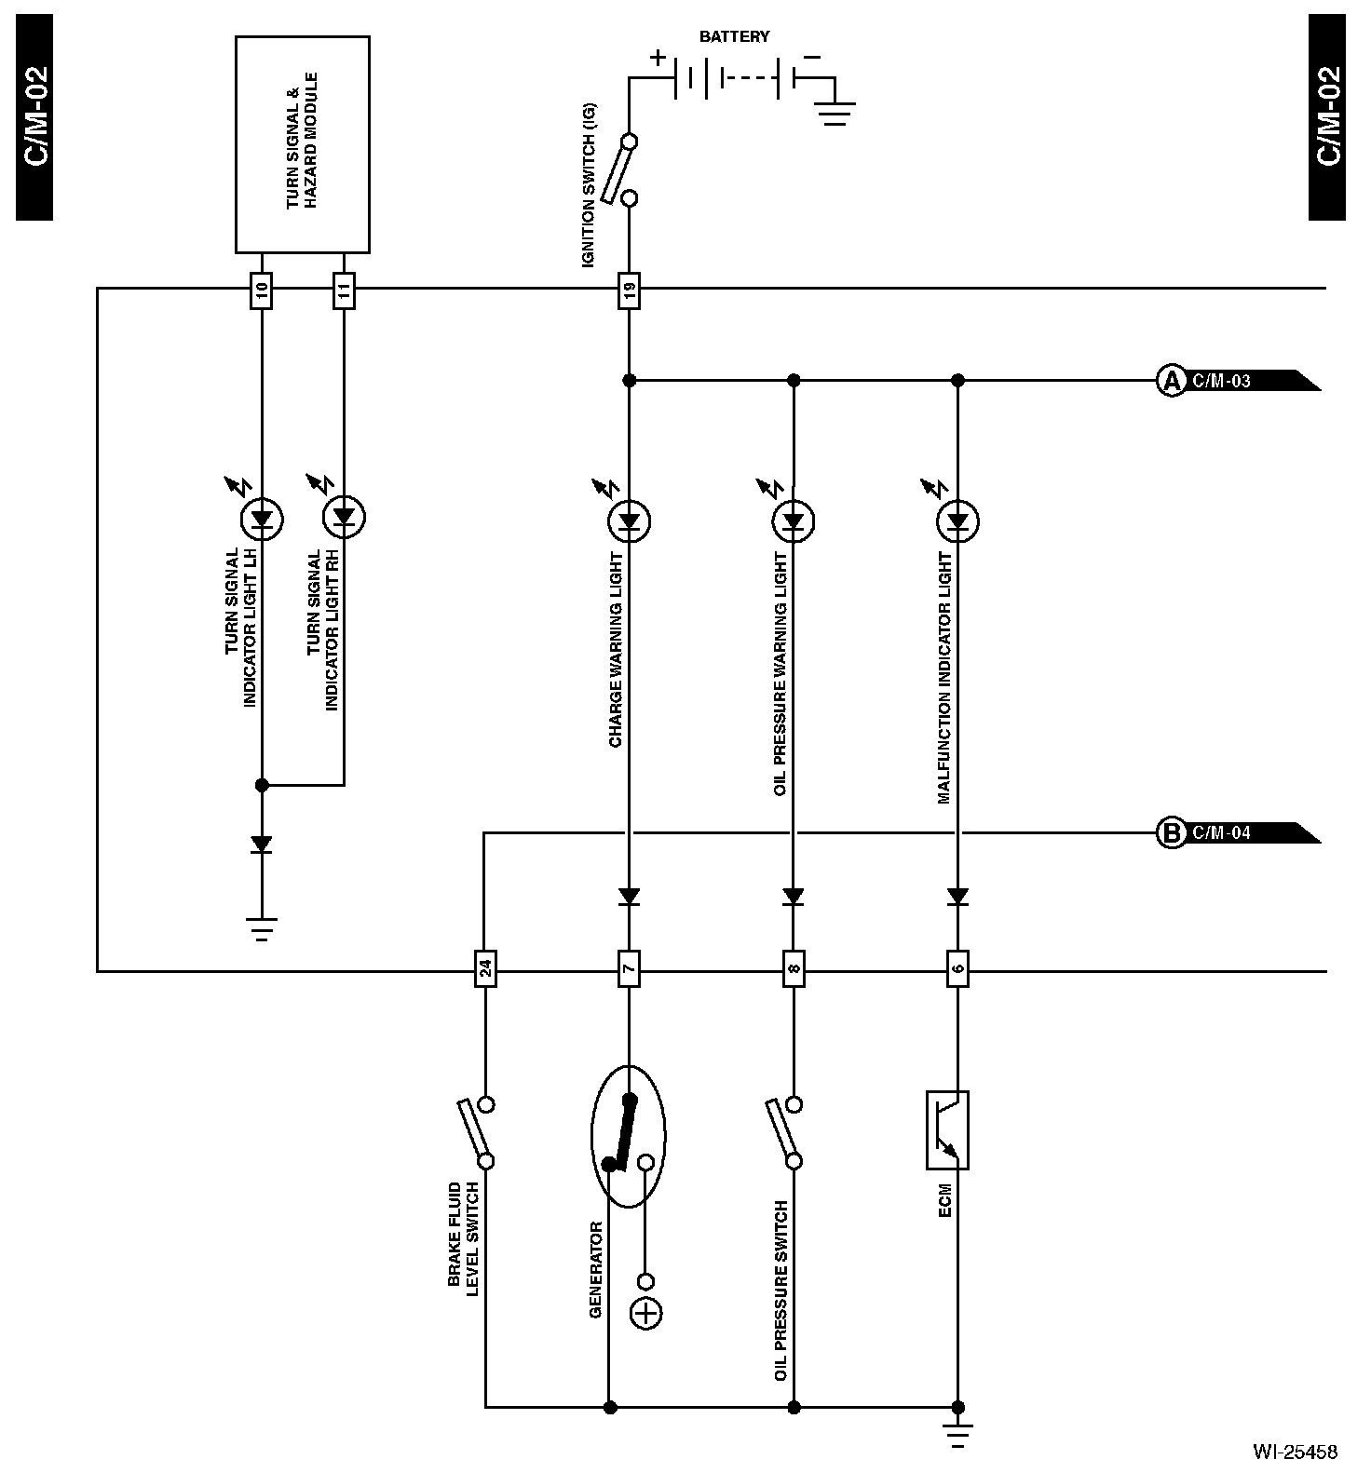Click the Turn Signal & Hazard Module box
click(302, 144)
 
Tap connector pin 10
click(262, 291)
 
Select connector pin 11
click(344, 291)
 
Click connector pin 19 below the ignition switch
click(629, 291)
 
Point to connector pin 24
click(484, 970)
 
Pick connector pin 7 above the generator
click(629, 970)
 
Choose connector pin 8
click(793, 970)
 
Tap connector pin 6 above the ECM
click(957, 970)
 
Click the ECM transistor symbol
click(947, 1129)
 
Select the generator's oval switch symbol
click(629, 1136)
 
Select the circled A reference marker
click(1170, 381)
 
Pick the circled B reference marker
click(1170, 832)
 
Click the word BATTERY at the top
click(735, 36)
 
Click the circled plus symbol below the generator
click(645, 1314)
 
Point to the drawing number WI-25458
click(1295, 1451)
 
